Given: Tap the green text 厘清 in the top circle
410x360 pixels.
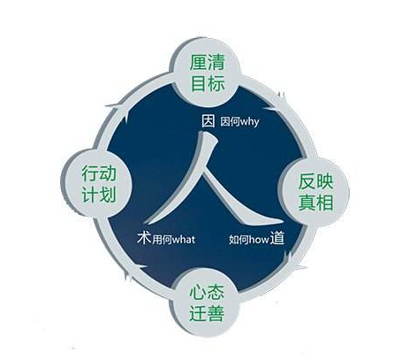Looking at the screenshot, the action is (207, 62).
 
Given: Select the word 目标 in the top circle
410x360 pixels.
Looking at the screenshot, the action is (208, 82).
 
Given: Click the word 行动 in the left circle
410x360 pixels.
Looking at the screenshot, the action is (99, 173).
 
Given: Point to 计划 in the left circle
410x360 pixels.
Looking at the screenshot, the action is (99, 195).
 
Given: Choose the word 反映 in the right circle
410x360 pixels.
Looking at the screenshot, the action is (315, 181).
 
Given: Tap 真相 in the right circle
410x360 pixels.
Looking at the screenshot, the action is (315, 203).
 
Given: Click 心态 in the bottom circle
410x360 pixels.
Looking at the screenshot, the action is (207, 292).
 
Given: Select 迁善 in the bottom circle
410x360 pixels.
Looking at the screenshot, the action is (207, 313).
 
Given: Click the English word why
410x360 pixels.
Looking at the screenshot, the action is (249, 122).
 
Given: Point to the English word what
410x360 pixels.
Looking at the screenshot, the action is (184, 240).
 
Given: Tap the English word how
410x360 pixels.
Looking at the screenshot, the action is (259, 240).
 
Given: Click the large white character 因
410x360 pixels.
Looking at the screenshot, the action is (209, 121).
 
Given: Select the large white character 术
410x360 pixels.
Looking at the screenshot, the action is (144, 238).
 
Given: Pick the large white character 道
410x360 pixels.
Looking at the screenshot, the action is (277, 238).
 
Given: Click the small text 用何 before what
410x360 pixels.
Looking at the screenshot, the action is (162, 240).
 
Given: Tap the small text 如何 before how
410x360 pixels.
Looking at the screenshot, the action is (239, 240).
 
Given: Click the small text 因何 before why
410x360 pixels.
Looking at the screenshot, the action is (230, 121).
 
